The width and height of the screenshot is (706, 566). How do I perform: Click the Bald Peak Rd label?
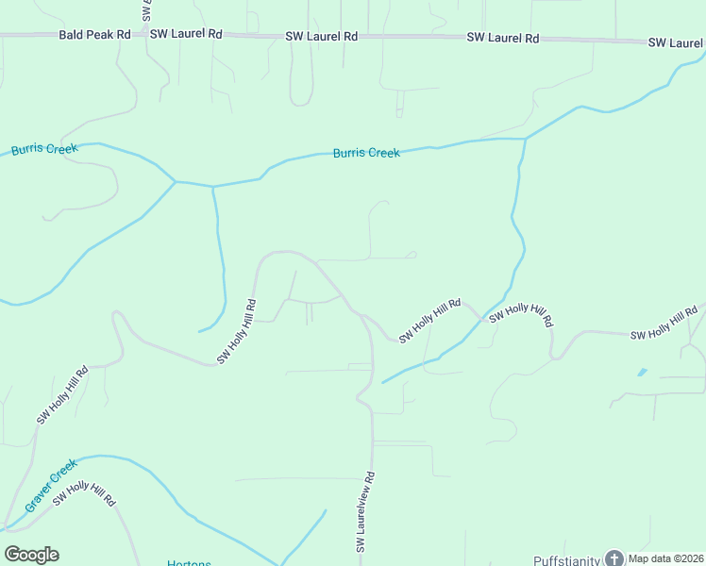94,34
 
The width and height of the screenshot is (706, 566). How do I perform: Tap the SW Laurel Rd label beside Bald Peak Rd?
186,34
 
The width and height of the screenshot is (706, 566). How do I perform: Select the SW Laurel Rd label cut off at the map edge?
676,43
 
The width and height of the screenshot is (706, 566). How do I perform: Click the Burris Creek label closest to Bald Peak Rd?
44,150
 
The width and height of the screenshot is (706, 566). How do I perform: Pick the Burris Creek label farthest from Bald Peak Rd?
366,152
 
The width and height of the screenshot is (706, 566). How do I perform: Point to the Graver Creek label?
50,486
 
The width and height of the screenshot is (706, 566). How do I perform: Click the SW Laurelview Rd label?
366,511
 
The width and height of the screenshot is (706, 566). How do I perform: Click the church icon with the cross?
614,558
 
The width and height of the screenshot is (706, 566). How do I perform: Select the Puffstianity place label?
566,560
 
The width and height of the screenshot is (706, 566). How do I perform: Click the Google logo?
31,555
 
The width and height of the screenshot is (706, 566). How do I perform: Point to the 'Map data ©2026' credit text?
665,558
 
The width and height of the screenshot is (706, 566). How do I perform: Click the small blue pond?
643,372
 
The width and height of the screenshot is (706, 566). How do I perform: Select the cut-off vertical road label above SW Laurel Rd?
148,10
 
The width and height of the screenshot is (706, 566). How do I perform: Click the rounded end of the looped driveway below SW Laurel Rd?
301,102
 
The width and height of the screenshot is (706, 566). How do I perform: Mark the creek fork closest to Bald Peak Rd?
176,180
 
